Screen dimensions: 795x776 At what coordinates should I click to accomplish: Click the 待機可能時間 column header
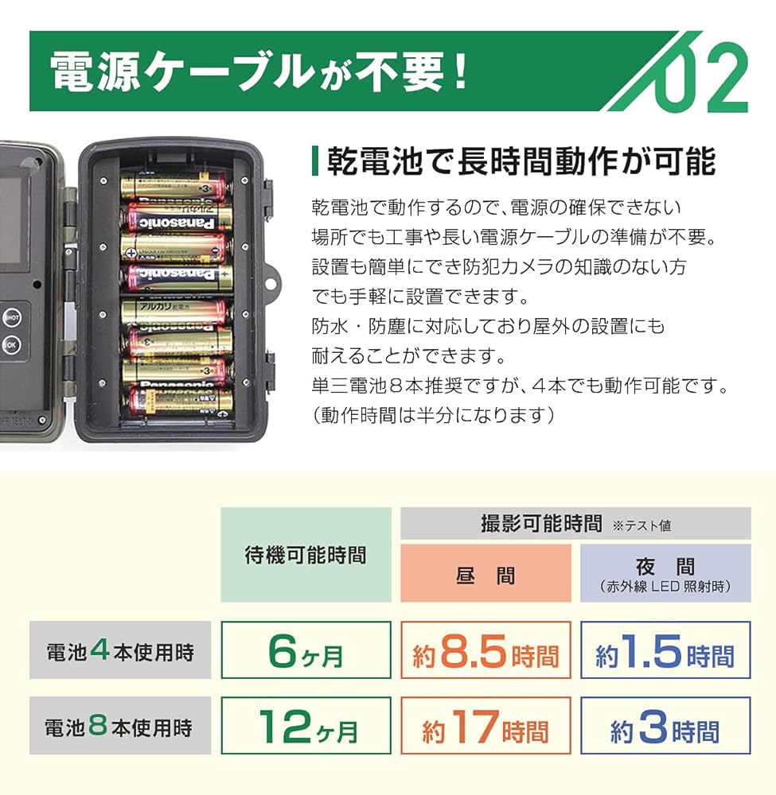pyautogui.click(x=306, y=555)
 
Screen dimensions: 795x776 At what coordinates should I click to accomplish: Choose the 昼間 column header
pyautogui.click(x=485, y=574)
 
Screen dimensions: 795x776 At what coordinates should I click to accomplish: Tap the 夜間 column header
pyautogui.click(x=665, y=574)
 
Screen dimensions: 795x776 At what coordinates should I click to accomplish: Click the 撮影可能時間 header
pyautogui.click(x=575, y=524)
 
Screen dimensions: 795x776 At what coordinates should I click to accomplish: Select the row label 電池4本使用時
pyautogui.click(x=120, y=651)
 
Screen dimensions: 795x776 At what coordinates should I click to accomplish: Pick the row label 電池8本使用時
pyautogui.click(x=120, y=726)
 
